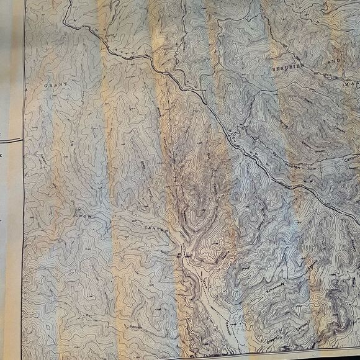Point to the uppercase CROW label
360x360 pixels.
(83, 218)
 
